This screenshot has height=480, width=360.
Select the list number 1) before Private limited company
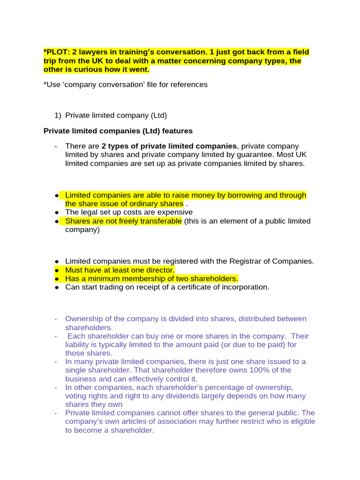point(59,115)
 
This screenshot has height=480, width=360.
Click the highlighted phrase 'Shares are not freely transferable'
point(123,221)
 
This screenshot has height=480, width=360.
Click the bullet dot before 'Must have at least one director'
point(56,270)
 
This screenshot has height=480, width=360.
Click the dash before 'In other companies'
point(56,387)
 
